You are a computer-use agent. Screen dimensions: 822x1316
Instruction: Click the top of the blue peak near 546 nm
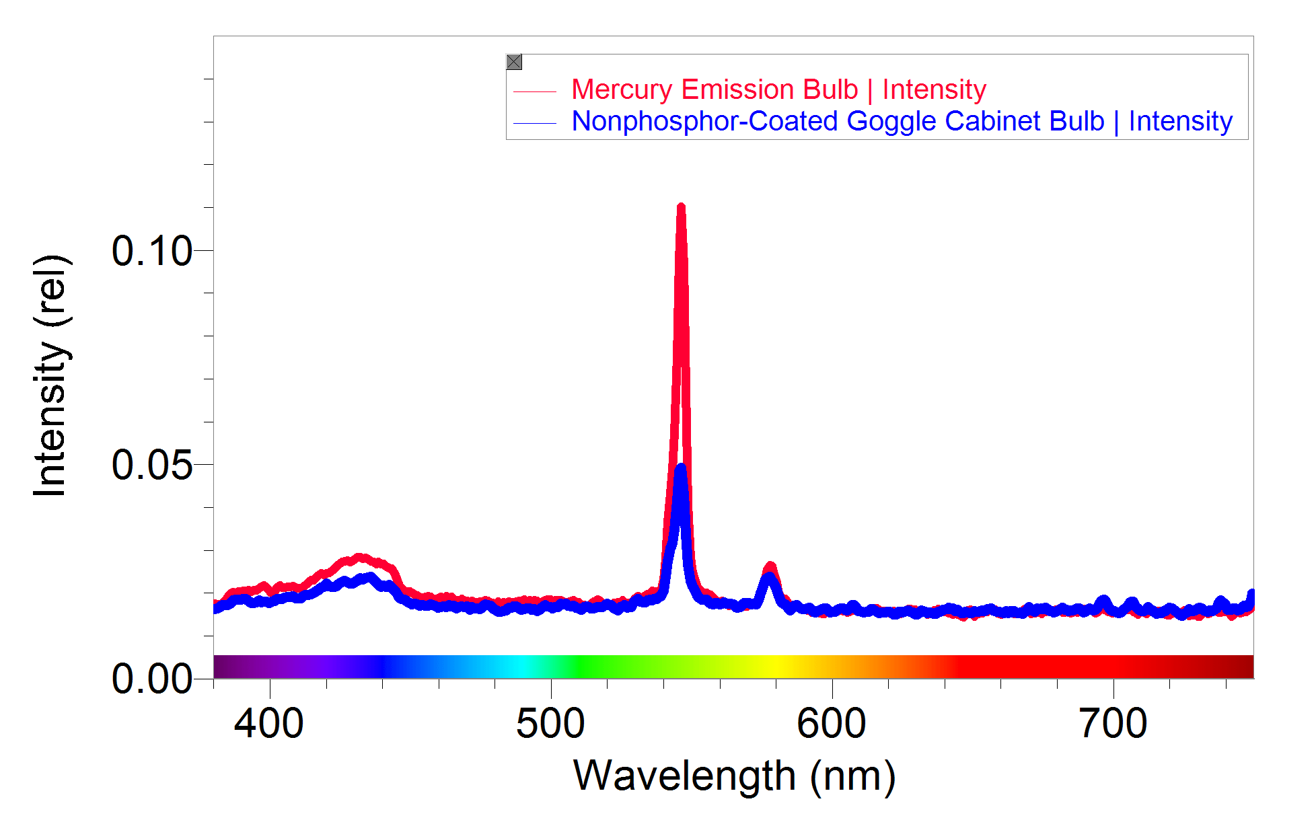[x=681, y=468]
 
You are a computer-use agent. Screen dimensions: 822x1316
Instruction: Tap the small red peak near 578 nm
[x=771, y=566]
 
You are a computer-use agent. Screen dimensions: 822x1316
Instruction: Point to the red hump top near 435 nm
[x=360, y=558]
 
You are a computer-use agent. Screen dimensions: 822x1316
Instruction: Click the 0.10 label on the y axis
[x=152, y=252]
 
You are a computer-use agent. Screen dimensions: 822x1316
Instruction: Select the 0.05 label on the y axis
[x=152, y=465]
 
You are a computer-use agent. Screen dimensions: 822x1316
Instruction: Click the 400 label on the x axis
[x=269, y=724]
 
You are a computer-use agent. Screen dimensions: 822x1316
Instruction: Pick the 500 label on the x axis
[x=550, y=724]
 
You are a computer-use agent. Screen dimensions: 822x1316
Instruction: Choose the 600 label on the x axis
[x=832, y=724]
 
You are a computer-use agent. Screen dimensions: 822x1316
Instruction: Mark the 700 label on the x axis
[x=1113, y=724]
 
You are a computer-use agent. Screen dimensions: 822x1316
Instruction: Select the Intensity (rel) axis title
[x=50, y=377]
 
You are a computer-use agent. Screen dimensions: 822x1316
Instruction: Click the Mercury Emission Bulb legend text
[x=778, y=89]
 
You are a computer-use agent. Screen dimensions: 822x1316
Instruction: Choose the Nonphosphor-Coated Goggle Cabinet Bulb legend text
[x=902, y=121]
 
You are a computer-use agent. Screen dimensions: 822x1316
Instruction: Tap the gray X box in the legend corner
[x=514, y=62]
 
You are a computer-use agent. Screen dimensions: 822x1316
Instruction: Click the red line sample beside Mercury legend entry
[x=535, y=91]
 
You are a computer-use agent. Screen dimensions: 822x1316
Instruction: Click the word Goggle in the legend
[x=891, y=122]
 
